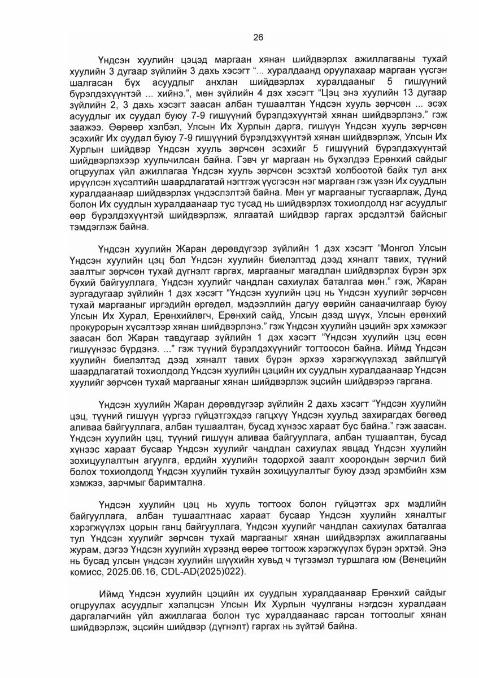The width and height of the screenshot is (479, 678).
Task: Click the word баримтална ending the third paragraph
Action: point(182,485)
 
